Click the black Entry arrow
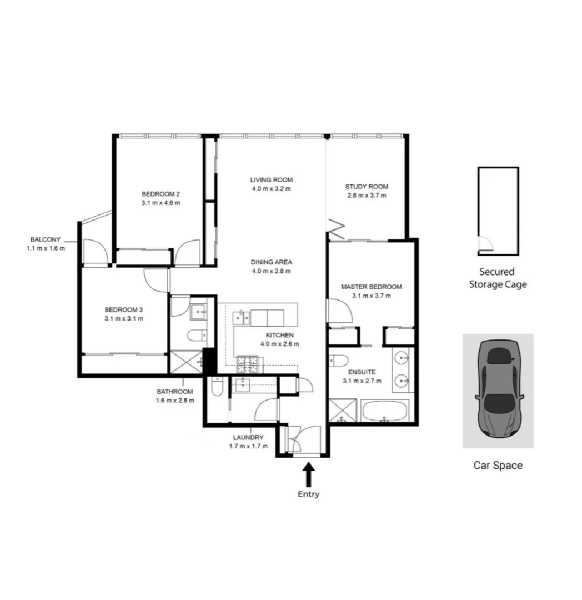309,476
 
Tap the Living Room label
271,180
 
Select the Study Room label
367,187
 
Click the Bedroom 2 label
160,194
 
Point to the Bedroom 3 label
124,309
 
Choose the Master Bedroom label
371,287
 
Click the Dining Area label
271,262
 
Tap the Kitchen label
279,335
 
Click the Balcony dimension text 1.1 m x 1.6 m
46,248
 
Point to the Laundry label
248,437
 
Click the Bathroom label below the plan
174,392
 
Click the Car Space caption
498,466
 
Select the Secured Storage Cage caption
498,278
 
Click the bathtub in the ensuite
385,412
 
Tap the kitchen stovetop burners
248,364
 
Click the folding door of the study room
337,227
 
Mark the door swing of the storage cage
485,244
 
